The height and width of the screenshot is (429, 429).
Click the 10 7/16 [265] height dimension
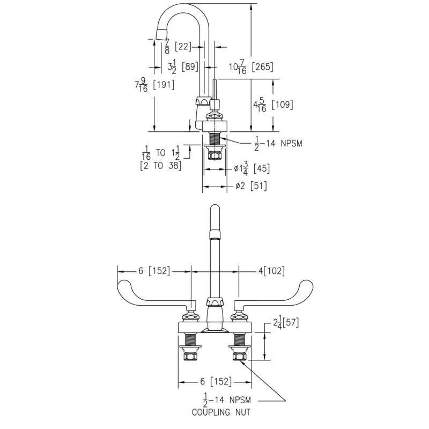(x=251, y=68)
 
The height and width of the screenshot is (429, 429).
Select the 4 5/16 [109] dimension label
(x=273, y=105)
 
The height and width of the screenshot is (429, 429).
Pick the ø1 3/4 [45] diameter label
(x=252, y=168)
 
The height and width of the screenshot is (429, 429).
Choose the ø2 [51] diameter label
(x=251, y=186)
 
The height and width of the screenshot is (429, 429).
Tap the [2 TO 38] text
(x=160, y=166)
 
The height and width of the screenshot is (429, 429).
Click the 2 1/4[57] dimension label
(x=285, y=323)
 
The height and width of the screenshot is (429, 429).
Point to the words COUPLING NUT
(x=220, y=413)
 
